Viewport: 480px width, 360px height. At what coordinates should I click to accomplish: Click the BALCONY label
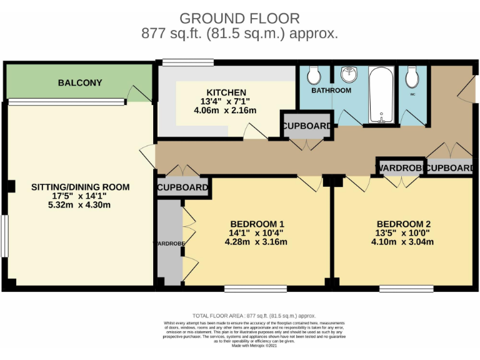[x=80, y=83]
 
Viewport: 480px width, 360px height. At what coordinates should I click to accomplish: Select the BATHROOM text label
[x=331, y=91]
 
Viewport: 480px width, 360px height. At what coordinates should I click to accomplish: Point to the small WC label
[x=412, y=94]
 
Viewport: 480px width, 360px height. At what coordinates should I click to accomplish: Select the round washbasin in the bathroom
[x=347, y=76]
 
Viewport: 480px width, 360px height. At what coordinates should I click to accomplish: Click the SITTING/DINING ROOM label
[x=81, y=187]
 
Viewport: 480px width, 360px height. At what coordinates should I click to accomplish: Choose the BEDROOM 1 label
[x=257, y=224]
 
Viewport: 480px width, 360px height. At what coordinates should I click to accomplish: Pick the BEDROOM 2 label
[x=403, y=224]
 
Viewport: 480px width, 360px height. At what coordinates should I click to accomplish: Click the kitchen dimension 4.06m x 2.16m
[x=225, y=111]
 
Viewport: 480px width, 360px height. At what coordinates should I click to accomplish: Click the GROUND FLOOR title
[x=239, y=19]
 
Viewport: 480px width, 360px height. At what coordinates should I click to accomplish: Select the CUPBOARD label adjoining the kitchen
[x=306, y=126]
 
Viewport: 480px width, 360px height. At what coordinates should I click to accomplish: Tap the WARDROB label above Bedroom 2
[x=400, y=168]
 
